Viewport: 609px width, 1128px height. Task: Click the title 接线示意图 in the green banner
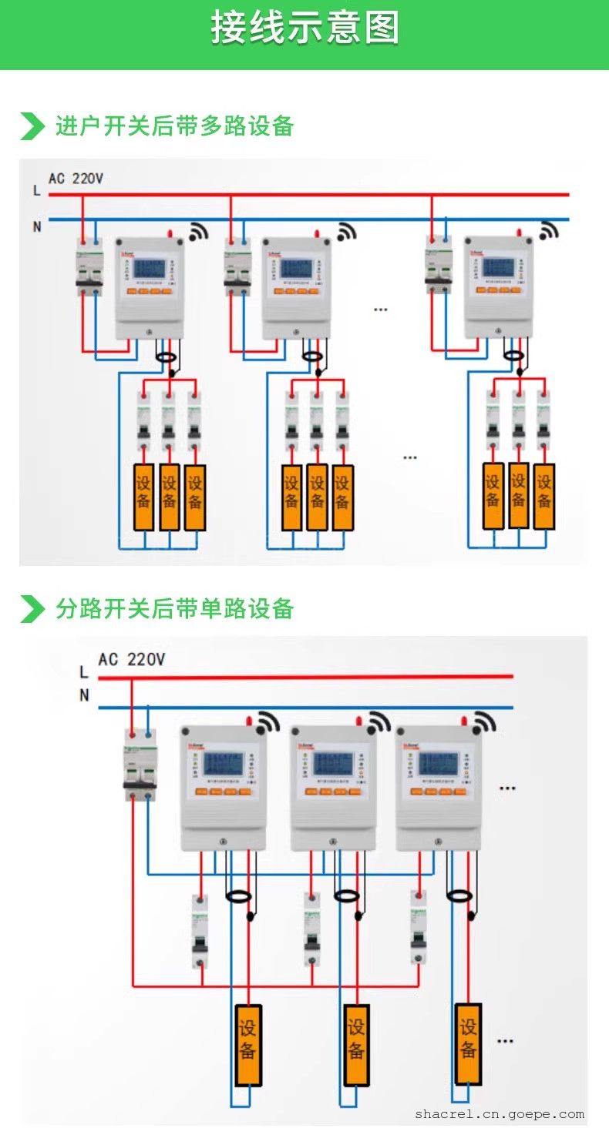[x=304, y=28]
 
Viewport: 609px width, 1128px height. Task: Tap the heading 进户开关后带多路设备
[x=174, y=126]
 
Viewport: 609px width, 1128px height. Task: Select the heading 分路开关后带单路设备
[x=174, y=608]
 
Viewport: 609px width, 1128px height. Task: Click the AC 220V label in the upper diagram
[x=76, y=179]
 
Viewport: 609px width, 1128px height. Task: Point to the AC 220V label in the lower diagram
[x=131, y=659]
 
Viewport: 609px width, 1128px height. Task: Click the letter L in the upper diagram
[x=36, y=190]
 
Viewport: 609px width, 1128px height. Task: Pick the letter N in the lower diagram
[x=84, y=695]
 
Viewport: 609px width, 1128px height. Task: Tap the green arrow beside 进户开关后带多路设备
[x=32, y=126]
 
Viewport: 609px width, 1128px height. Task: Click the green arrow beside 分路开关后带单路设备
[x=32, y=608]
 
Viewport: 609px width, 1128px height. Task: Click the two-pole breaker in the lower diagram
[x=140, y=765]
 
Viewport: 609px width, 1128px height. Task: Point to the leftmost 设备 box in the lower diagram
[x=248, y=1044]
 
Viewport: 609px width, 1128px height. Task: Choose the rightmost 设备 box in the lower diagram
[x=468, y=1043]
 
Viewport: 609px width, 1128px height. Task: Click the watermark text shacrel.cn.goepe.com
[x=500, y=1113]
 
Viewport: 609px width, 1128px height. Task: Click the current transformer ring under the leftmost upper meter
[x=166, y=356]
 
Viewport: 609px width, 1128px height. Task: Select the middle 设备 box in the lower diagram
[x=356, y=1044]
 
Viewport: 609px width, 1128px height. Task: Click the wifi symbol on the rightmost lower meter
[x=483, y=722]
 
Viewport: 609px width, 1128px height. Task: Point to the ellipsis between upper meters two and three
[x=380, y=309]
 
